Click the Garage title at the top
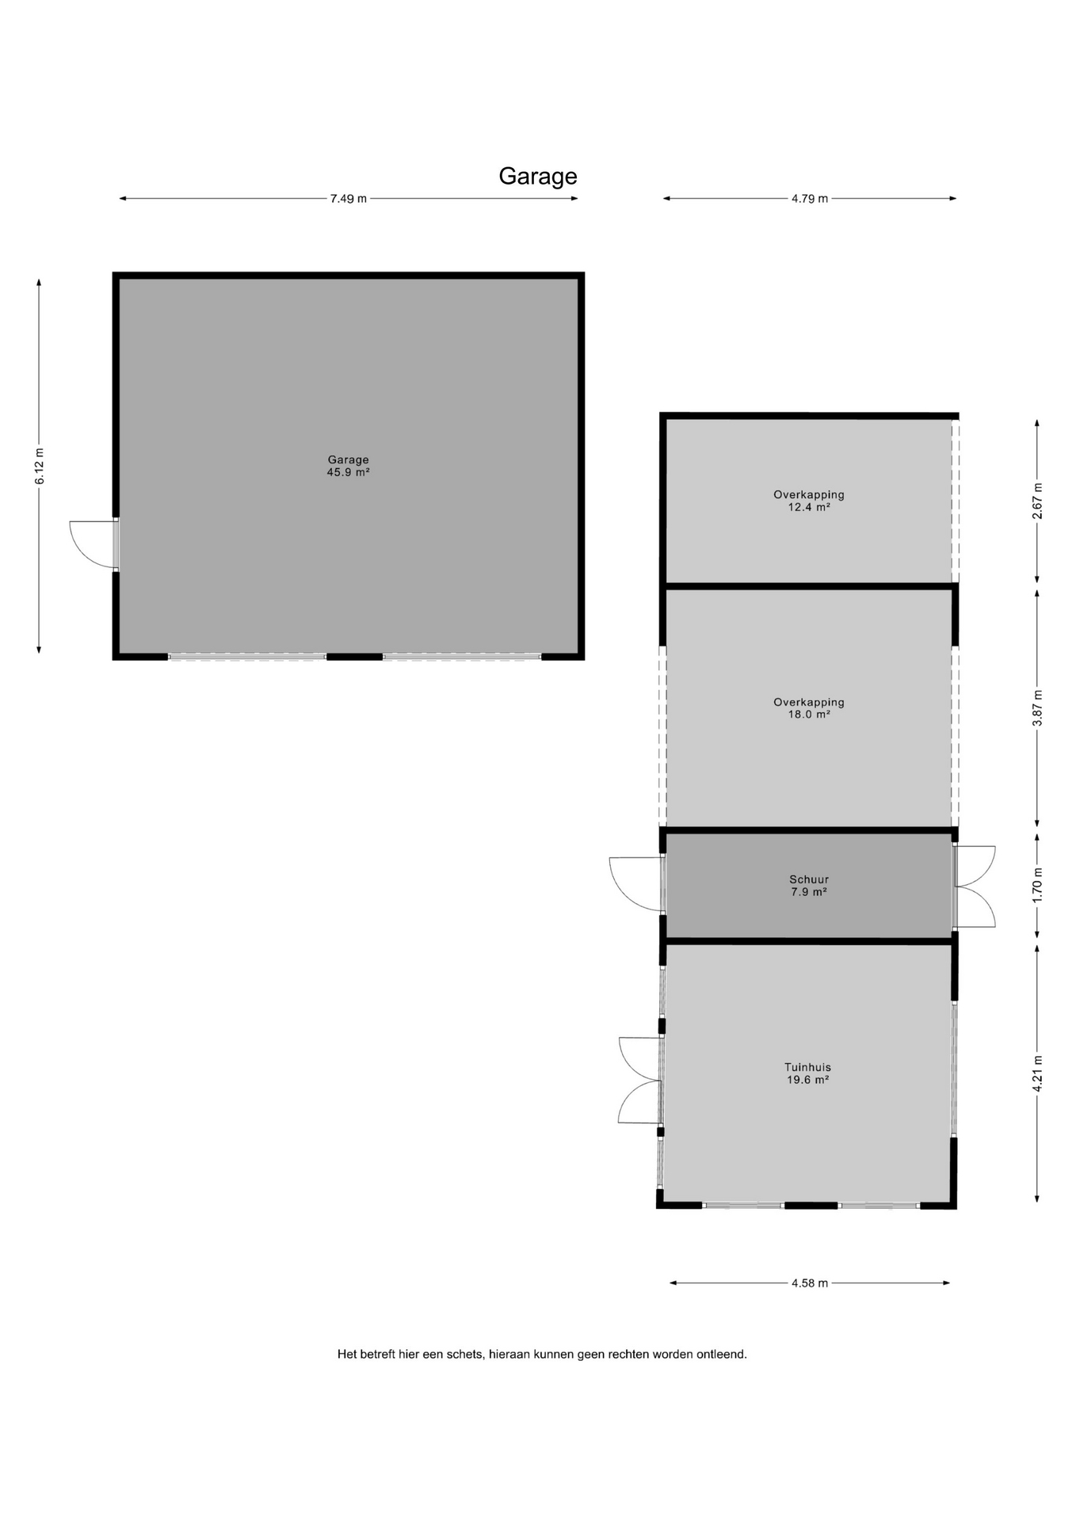(537, 176)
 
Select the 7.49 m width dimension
(349, 199)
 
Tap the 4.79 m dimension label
(809, 199)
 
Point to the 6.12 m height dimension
(40, 467)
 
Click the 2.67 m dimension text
(1037, 501)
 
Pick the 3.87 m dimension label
(1037, 708)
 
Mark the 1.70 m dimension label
(1037, 885)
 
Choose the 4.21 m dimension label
(1037, 1073)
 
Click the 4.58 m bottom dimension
(809, 1283)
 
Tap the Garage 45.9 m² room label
(349, 466)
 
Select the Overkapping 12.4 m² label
(809, 501)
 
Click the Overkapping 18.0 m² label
(809, 708)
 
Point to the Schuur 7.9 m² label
(809, 886)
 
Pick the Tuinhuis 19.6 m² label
(808, 1073)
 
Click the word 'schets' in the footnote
(465, 1355)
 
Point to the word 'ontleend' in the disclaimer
(721, 1355)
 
